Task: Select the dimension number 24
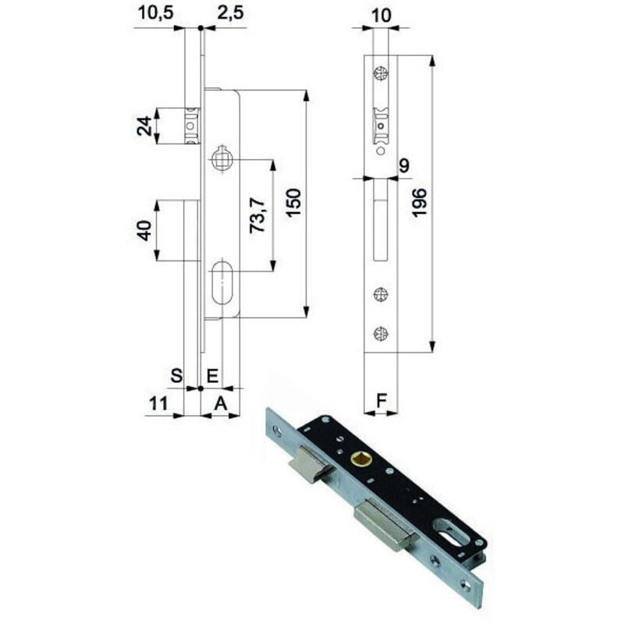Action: (144, 125)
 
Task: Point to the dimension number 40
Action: (144, 231)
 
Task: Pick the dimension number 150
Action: (292, 204)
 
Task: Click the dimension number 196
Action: (419, 204)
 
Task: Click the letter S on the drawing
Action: (177, 375)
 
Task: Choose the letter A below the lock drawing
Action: (221, 402)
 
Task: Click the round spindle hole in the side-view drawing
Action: (221, 160)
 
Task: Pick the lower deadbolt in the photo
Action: (381, 526)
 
